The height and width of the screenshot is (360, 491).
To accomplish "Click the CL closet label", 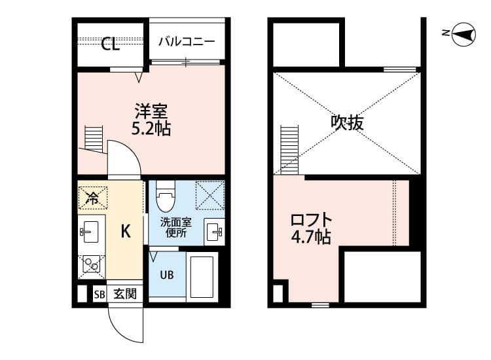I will point(110,44).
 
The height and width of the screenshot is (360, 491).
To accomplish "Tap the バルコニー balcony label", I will point(187,41).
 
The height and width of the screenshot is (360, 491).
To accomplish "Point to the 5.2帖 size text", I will point(151,128).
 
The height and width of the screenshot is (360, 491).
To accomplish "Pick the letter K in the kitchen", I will point(126,230).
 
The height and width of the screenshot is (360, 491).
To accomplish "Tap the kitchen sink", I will point(90,230).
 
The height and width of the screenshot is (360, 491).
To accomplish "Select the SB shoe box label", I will point(99,294).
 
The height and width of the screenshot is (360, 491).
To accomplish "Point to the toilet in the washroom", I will point(166,194).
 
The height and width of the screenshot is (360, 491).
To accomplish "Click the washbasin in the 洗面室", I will point(215,230).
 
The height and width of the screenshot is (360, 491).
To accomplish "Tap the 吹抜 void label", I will point(347,122).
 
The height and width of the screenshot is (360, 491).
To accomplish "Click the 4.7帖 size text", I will point(311,237).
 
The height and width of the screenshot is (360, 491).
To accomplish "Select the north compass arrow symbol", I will point(464,33).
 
